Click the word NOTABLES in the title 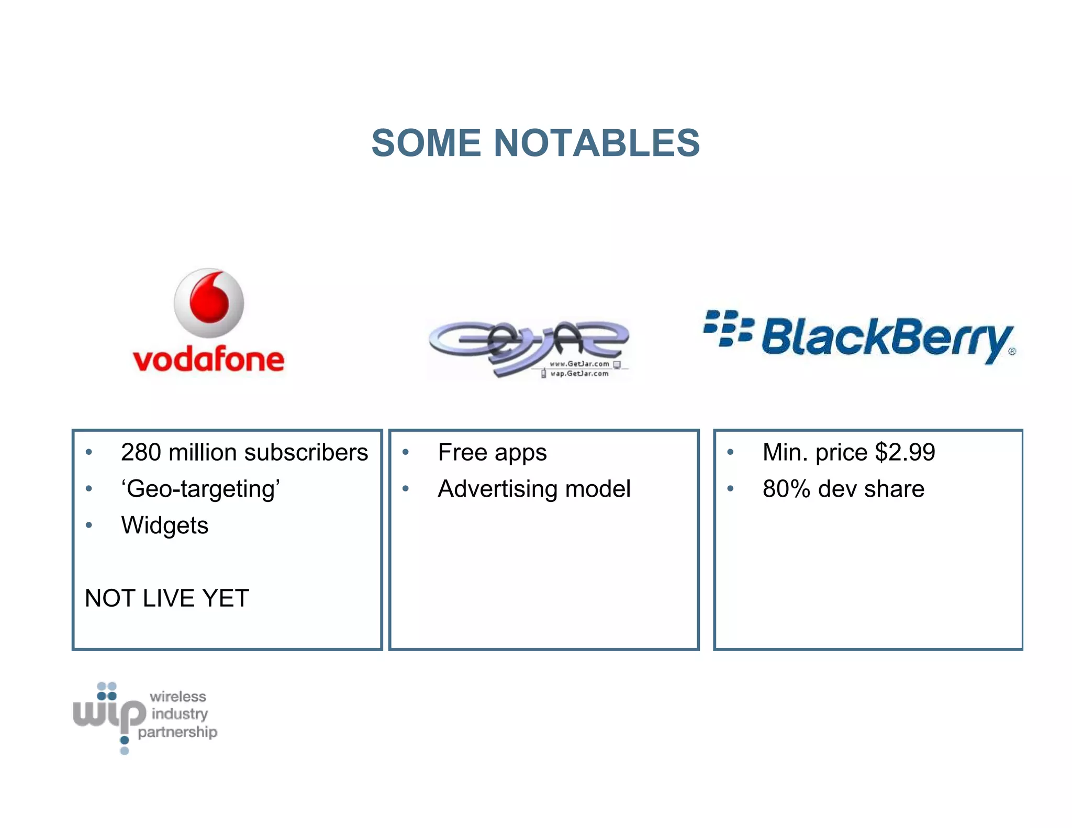[597, 143]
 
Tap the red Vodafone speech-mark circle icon [209, 303]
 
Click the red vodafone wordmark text [208, 359]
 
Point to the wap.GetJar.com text [579, 374]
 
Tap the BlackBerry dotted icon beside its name [728, 329]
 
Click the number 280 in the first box [141, 452]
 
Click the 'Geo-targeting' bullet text [201, 489]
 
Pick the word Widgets [164, 525]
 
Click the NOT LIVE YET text [167, 598]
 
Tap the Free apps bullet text [492, 452]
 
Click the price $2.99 [904, 452]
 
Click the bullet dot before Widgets [89, 525]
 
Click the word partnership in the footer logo [177, 732]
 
